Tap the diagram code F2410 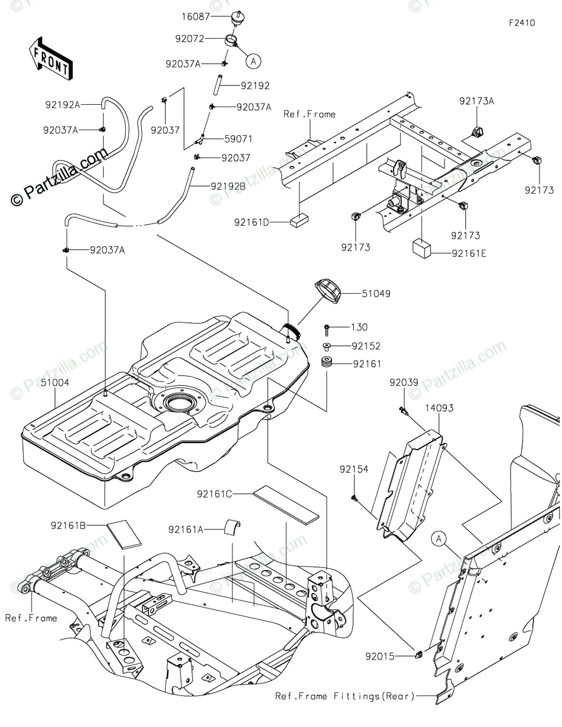[521, 24]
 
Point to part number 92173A [476, 102]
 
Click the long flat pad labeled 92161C [285, 504]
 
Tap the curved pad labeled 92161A [230, 527]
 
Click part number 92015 [380, 655]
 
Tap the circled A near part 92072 [254, 60]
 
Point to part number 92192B [227, 186]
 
